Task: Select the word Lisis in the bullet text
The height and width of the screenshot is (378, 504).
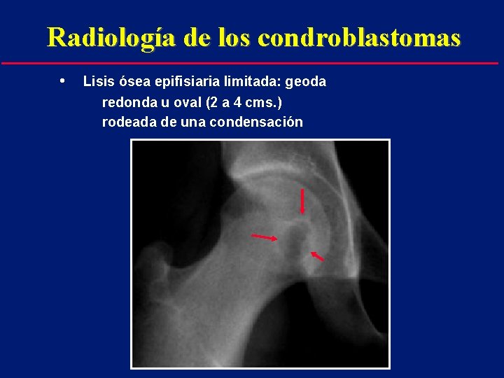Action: click(96, 82)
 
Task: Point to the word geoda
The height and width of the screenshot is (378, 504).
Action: click(307, 82)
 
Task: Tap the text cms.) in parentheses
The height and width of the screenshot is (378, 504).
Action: click(265, 102)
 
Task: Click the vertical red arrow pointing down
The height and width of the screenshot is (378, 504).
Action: click(302, 201)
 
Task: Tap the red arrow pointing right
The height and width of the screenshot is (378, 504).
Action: click(264, 237)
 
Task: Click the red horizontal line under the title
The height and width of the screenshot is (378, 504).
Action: click(252, 64)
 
